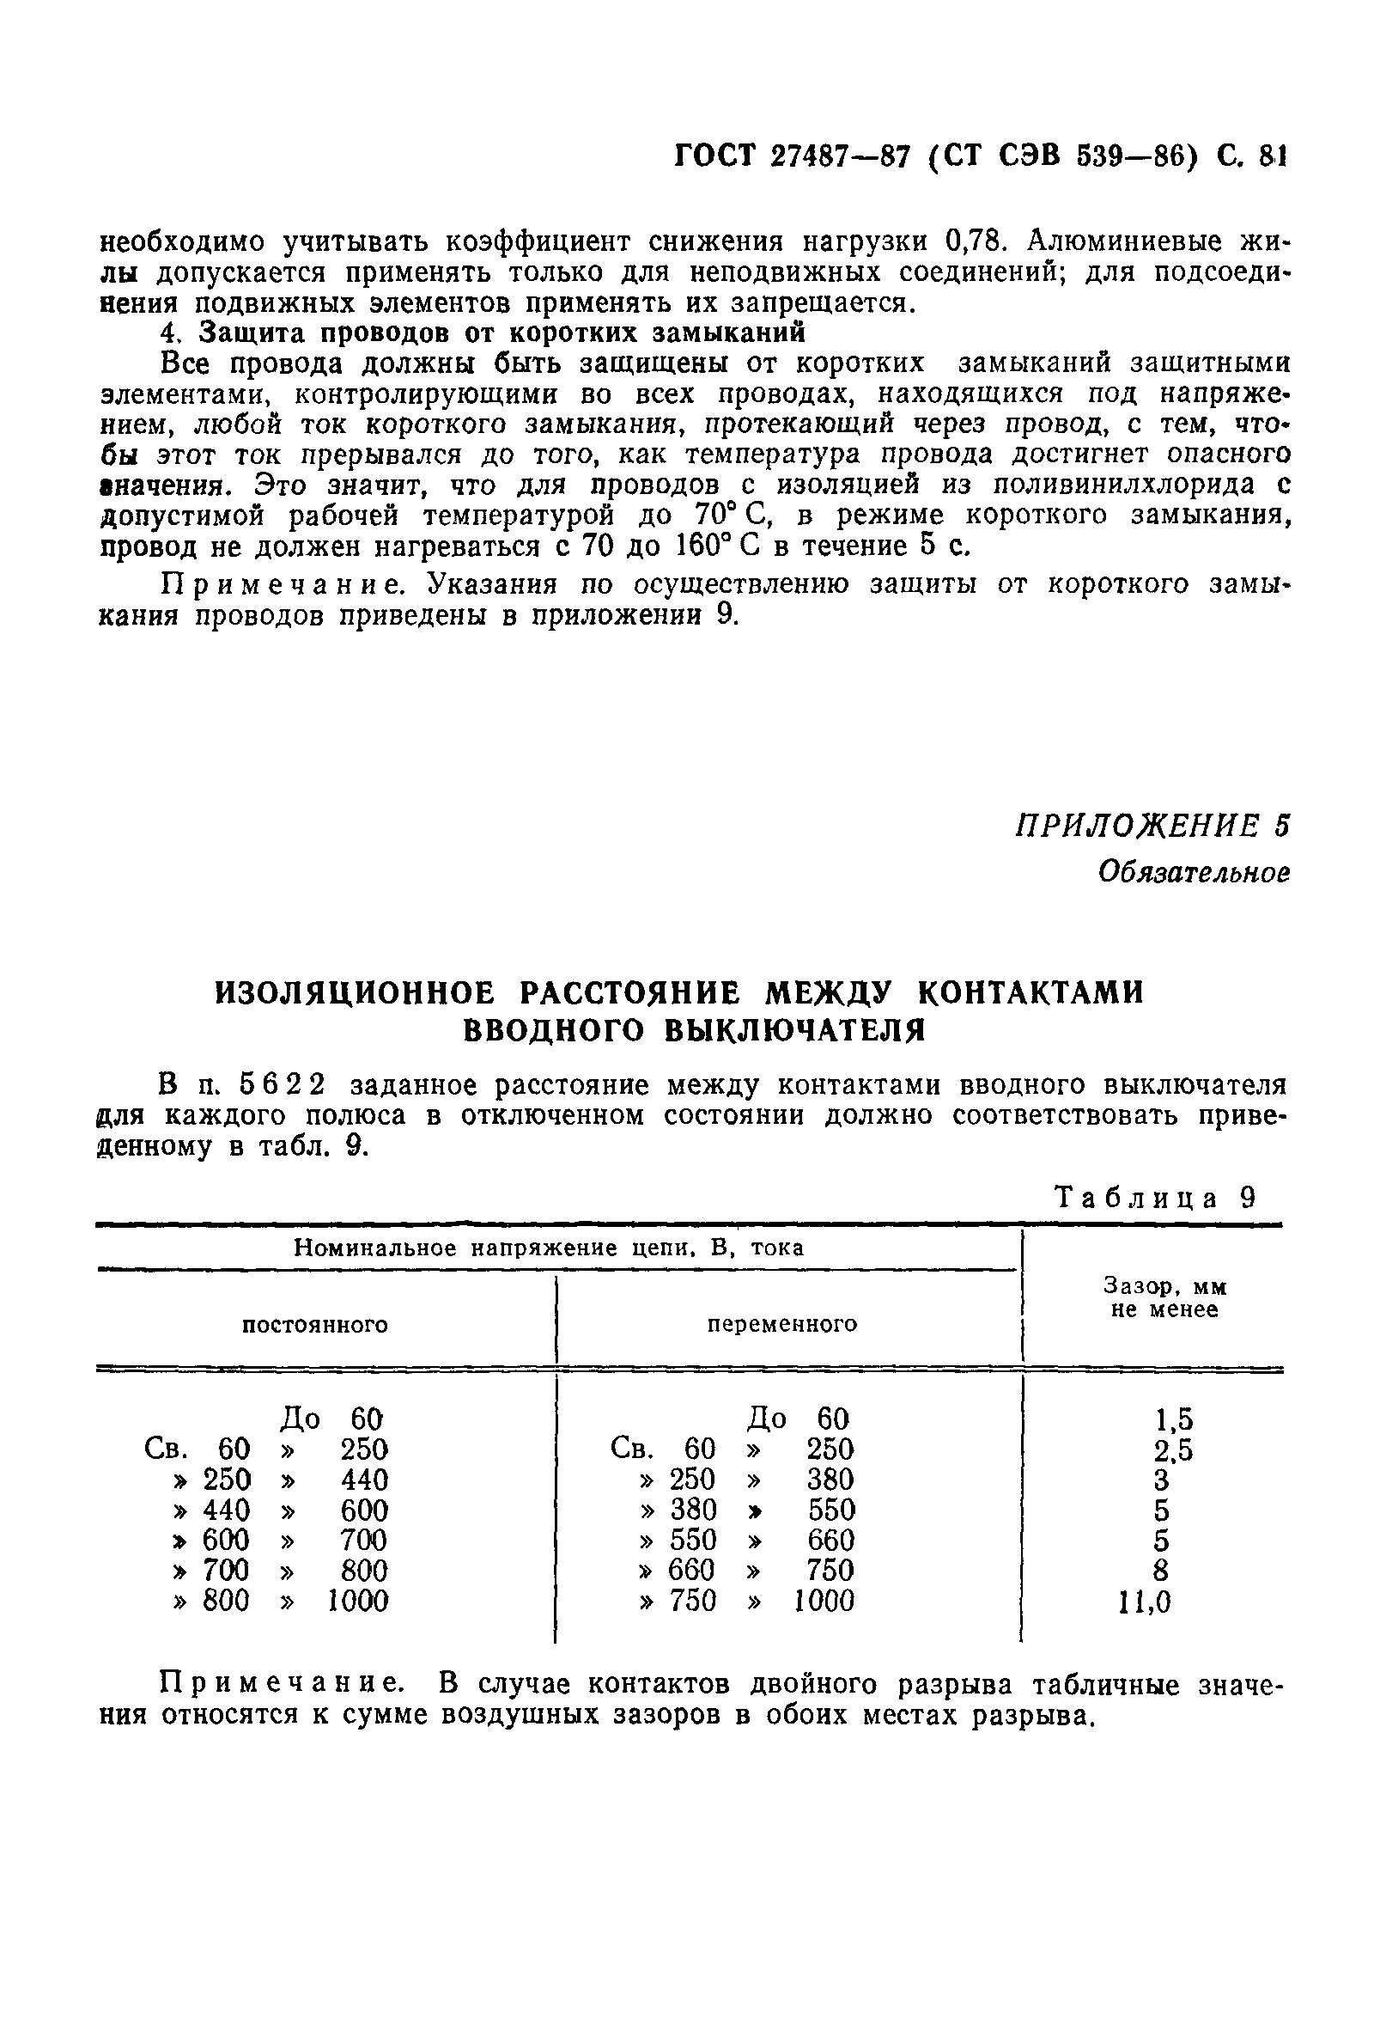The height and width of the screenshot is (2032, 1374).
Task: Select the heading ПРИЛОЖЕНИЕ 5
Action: pos(1151,826)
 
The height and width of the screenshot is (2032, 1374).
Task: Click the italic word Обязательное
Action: pos(1193,873)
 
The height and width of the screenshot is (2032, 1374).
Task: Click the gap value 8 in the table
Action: pos(1160,1571)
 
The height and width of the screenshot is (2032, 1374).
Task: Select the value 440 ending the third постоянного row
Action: pos(363,1480)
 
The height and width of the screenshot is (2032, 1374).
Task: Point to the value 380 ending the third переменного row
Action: pos(830,1480)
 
